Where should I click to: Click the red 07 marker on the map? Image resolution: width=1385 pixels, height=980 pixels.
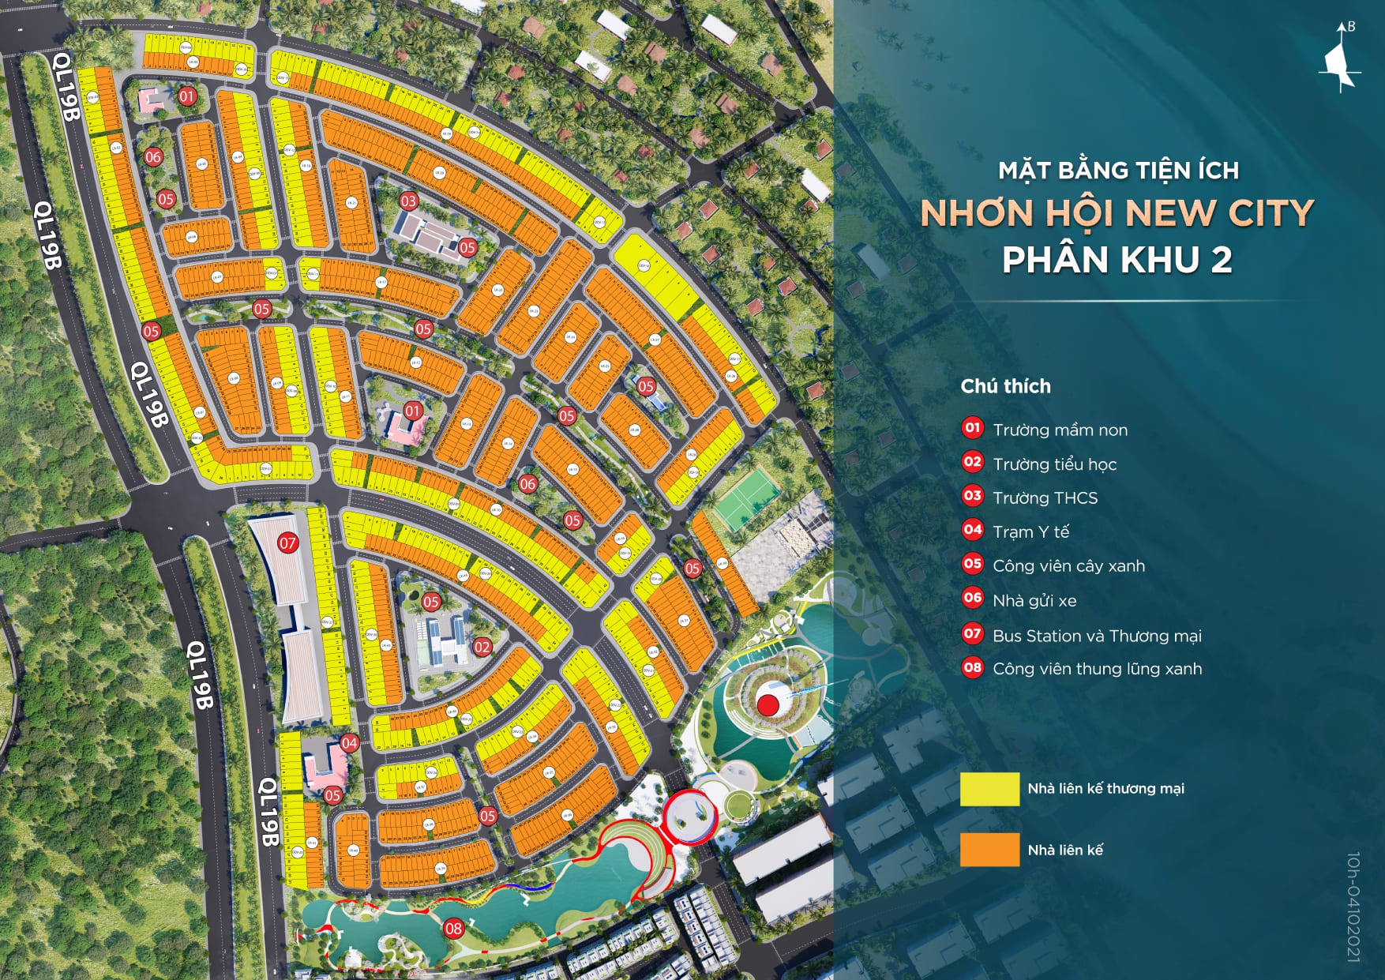[x=288, y=543]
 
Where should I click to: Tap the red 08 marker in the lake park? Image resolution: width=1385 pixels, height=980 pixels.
[x=453, y=929]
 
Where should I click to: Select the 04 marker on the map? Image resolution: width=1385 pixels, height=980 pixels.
[x=349, y=742]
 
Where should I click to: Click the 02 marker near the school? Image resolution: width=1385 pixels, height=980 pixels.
[x=482, y=647]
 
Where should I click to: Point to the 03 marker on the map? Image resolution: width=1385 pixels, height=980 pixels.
[x=408, y=201]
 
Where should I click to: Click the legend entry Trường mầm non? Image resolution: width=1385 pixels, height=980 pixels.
[x=1060, y=430]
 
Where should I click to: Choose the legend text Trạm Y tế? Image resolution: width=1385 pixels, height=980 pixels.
[x=1030, y=531]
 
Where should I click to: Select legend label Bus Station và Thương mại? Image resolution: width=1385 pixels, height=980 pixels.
[x=1096, y=635]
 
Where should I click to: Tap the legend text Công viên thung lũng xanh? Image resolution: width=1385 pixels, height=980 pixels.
[x=1097, y=668]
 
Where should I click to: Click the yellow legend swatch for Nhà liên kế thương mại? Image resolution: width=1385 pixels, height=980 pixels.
[x=989, y=789]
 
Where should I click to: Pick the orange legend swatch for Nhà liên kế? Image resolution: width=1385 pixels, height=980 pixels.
[x=989, y=850]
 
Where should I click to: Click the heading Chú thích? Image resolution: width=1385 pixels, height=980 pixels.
[x=1005, y=386]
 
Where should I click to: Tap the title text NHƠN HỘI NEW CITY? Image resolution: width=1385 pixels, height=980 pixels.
[x=1117, y=213]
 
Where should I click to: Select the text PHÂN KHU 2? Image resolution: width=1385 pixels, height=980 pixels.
[x=1117, y=260]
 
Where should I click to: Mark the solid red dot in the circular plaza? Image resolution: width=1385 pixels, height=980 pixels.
[x=768, y=705]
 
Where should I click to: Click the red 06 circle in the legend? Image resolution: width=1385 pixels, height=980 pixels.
[x=972, y=599]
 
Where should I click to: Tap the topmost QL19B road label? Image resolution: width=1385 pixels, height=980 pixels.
[x=66, y=86]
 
